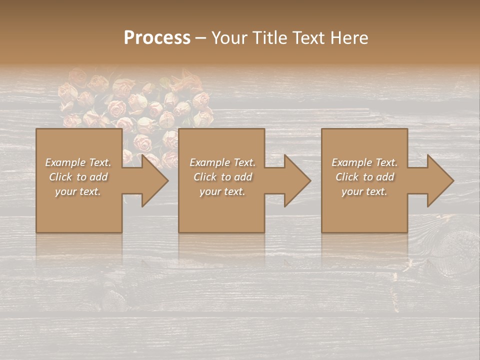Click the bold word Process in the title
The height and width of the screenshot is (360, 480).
157,37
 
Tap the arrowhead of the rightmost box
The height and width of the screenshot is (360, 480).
439,180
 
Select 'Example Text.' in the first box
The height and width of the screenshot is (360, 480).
78,162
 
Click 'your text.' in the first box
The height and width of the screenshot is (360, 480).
78,191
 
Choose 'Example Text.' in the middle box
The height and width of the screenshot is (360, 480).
222,162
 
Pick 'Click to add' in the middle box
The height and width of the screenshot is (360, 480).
222,177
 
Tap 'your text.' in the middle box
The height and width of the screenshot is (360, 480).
222,191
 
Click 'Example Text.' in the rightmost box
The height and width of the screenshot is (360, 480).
364,162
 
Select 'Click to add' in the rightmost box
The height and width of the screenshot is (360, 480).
364,177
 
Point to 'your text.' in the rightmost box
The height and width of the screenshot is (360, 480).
364,191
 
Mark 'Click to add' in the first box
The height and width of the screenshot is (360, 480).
78,177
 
